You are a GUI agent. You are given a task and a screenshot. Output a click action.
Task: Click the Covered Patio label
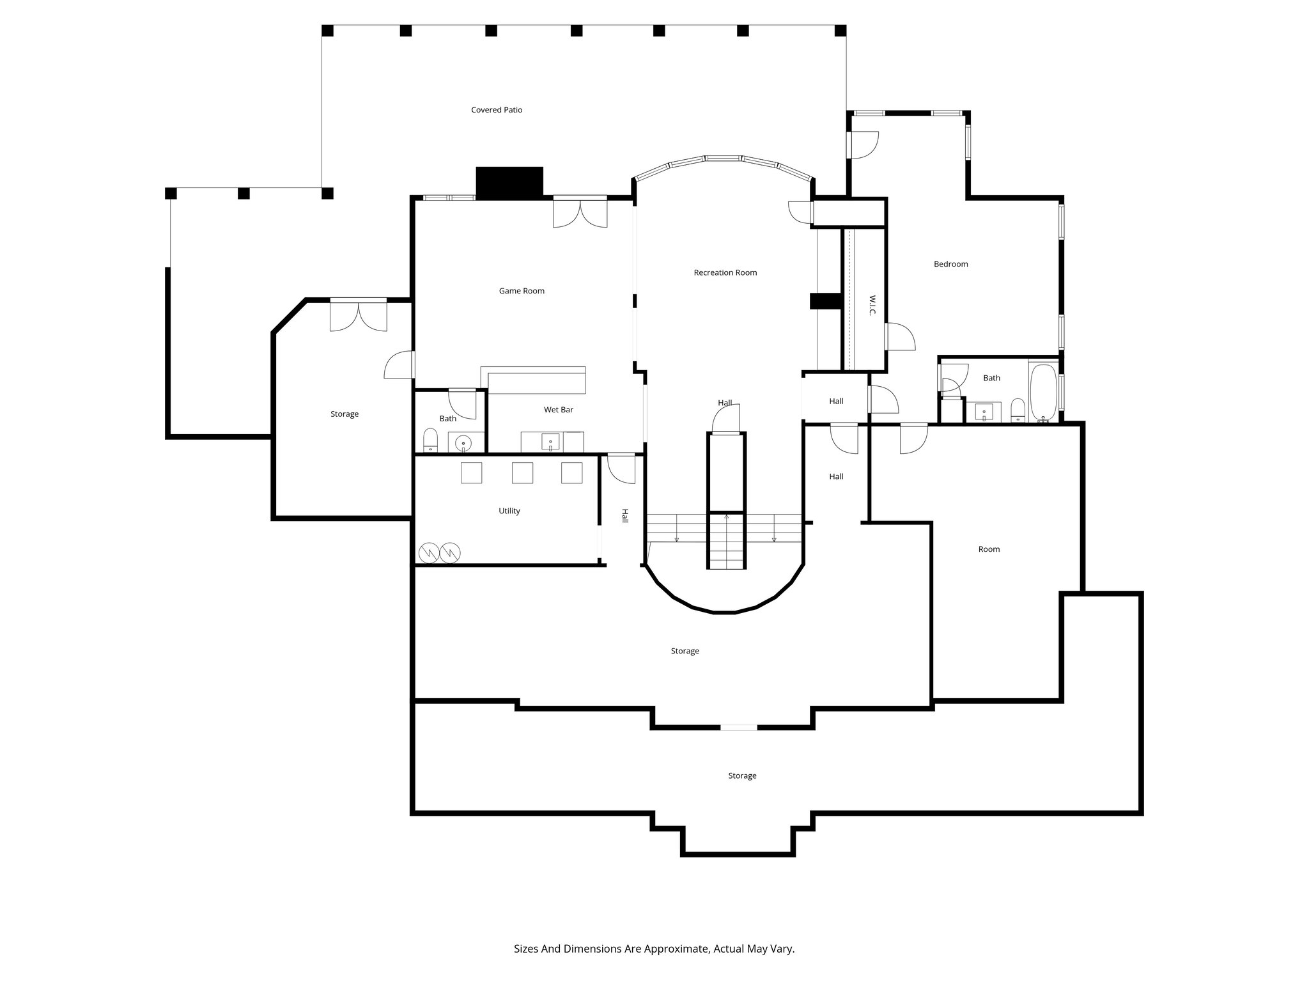(x=497, y=110)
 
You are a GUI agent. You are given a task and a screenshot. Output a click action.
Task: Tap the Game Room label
(x=522, y=291)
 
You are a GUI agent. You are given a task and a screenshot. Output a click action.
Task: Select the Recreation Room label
(x=725, y=272)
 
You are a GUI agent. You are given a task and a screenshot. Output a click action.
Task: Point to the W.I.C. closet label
(x=872, y=305)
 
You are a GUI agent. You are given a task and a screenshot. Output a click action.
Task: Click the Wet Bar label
(x=558, y=410)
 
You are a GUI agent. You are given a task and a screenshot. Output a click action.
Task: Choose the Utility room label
(x=509, y=511)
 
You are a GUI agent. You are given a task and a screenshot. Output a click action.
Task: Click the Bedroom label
(x=950, y=264)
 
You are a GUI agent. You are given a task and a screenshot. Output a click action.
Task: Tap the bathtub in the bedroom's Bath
(x=1043, y=393)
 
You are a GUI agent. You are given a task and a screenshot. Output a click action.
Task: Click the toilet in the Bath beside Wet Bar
(x=431, y=440)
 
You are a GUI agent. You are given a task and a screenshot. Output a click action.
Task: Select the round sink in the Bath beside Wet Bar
(x=463, y=442)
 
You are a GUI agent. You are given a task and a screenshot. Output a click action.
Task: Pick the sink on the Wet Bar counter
(x=550, y=441)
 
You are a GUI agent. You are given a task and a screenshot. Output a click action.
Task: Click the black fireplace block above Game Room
(x=509, y=182)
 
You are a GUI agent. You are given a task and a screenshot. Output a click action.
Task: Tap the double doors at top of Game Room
(x=580, y=212)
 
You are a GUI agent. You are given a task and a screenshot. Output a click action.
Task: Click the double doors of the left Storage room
(x=358, y=315)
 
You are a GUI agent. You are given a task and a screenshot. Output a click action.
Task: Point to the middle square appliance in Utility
(x=522, y=473)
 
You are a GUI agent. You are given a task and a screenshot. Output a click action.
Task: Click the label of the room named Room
(x=989, y=549)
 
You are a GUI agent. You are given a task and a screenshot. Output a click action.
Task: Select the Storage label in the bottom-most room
(x=742, y=775)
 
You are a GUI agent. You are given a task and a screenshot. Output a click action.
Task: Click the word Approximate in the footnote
(x=677, y=949)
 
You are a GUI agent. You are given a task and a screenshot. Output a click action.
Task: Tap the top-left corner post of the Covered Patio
(x=327, y=31)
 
